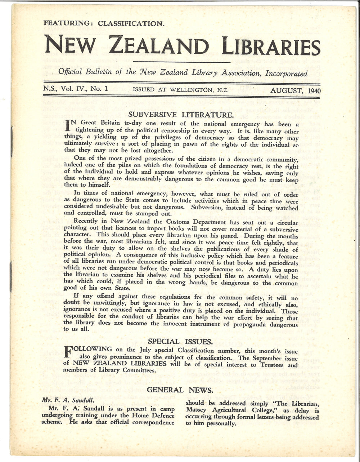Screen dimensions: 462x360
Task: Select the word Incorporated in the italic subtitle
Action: coord(287,74)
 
